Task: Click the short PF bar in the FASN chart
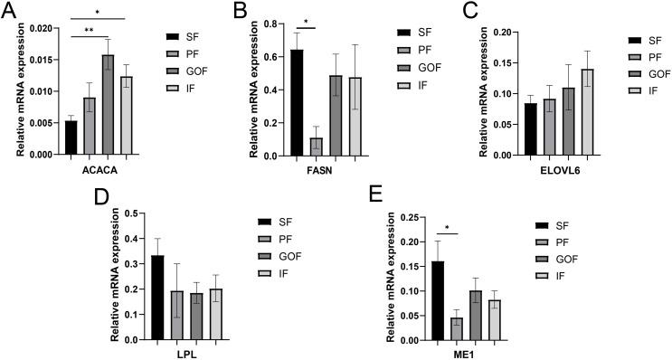[x=315, y=147]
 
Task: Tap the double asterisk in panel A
[x=89, y=31]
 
